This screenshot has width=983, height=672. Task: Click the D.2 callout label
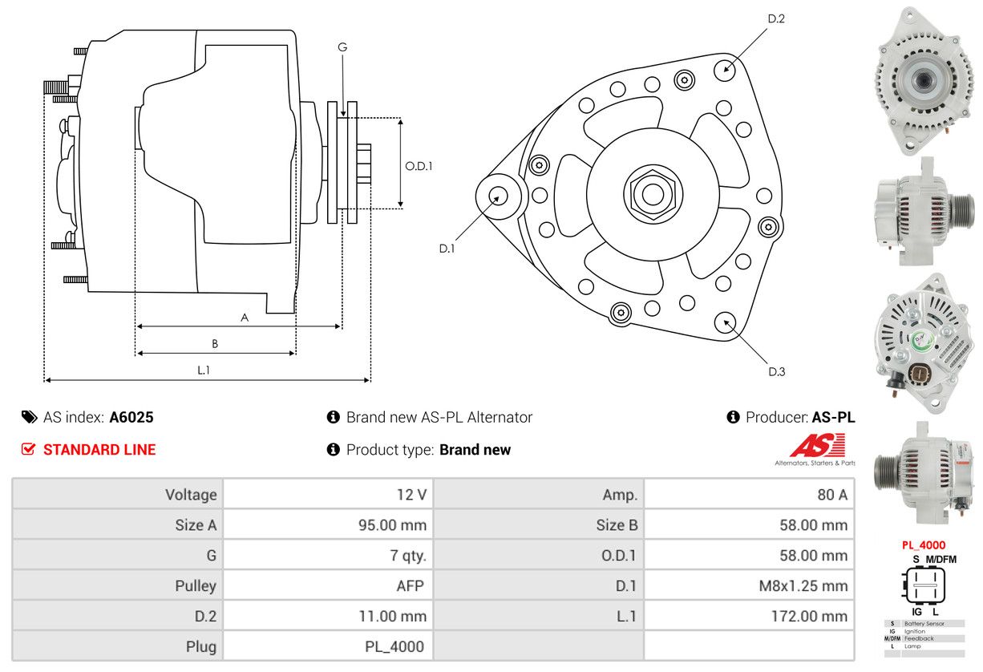(x=775, y=18)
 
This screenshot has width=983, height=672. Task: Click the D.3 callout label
(x=776, y=371)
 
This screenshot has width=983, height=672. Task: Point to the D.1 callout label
(x=447, y=249)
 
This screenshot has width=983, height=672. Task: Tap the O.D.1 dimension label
(x=419, y=166)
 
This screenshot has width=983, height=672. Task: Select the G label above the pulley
(x=342, y=47)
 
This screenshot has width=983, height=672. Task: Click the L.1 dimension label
(x=204, y=370)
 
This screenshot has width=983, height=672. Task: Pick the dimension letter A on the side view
(x=245, y=318)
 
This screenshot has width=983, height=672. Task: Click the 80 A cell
(x=831, y=495)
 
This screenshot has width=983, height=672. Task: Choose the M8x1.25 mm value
(x=803, y=585)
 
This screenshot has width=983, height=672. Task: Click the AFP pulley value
(x=408, y=585)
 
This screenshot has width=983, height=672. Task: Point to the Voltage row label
(x=191, y=495)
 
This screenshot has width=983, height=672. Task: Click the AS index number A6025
(x=131, y=417)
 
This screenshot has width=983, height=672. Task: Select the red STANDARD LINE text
(x=99, y=450)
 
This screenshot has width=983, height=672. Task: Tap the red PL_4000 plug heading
(x=923, y=545)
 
